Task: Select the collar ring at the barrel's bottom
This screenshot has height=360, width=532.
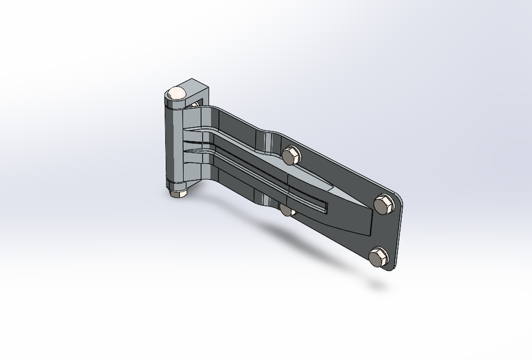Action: coord(177,184)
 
